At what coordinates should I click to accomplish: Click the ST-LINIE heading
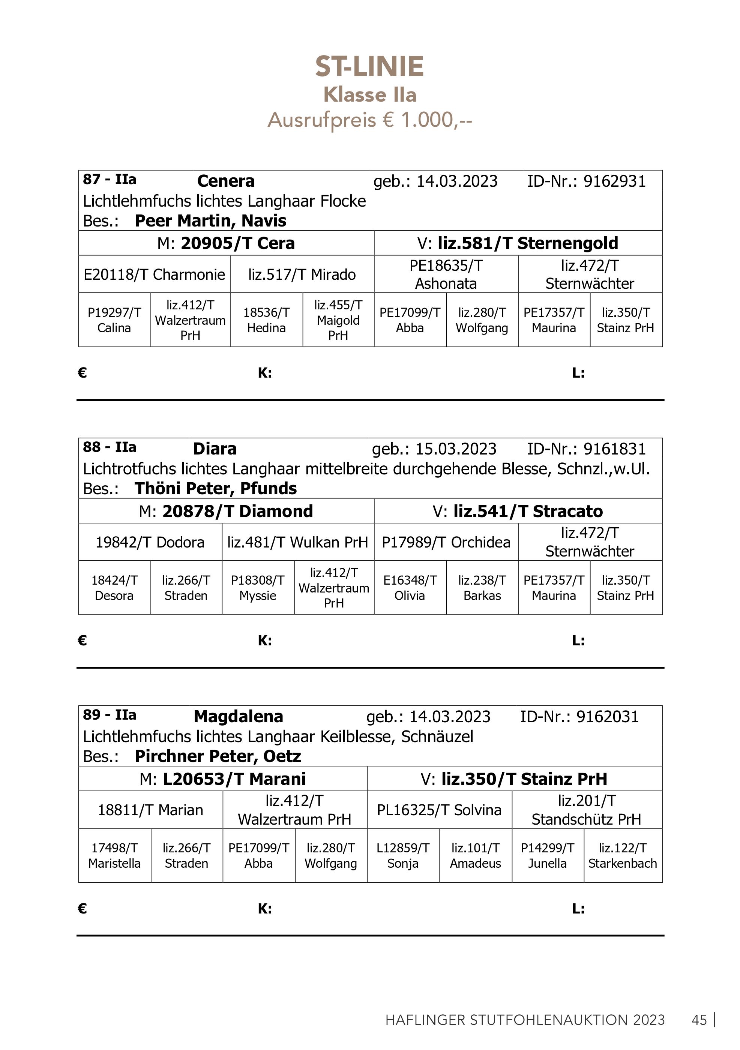pyautogui.click(x=369, y=67)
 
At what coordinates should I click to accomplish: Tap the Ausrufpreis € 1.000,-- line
pyautogui.click(x=369, y=120)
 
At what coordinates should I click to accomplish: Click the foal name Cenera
pyautogui.click(x=225, y=181)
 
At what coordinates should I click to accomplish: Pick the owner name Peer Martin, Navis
pyautogui.click(x=210, y=221)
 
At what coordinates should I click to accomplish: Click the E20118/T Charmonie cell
pyautogui.click(x=154, y=274)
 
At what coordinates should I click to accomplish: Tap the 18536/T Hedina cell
pyautogui.click(x=266, y=320)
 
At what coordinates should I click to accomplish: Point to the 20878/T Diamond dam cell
pyautogui.click(x=226, y=511)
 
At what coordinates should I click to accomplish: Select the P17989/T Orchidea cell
pyautogui.click(x=446, y=542)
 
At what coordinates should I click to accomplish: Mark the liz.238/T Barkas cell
pyautogui.click(x=482, y=588)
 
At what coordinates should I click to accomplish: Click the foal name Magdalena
pyautogui.click(x=238, y=717)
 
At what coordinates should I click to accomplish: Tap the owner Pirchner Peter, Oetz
pyautogui.click(x=218, y=756)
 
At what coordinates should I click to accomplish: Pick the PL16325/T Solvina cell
pyautogui.click(x=439, y=810)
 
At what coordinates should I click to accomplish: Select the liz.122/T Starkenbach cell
pyautogui.click(x=623, y=856)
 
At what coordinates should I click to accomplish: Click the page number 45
pyautogui.click(x=699, y=1020)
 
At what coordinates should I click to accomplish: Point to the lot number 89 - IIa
pyautogui.click(x=109, y=715)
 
